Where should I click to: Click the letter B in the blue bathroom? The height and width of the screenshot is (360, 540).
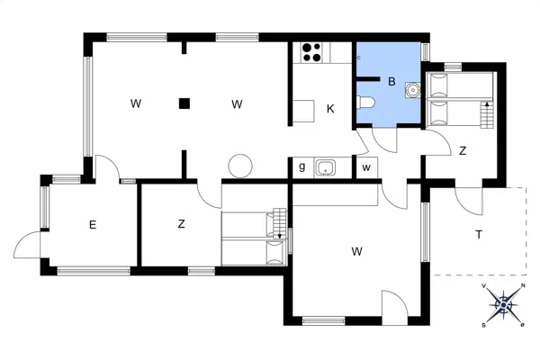coord(391,81)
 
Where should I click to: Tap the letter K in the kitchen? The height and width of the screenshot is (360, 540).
coord(330,109)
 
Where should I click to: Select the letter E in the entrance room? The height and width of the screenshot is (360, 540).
coord(92,225)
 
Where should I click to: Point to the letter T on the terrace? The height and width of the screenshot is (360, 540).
coord(478,236)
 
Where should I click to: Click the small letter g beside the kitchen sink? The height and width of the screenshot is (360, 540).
coord(301,166)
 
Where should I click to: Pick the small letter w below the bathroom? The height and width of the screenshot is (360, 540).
coord(366,166)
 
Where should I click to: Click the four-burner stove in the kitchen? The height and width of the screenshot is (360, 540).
coord(311,53)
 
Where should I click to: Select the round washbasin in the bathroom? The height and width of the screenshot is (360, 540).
coord(413,89)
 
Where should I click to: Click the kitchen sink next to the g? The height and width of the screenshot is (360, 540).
coord(325,166)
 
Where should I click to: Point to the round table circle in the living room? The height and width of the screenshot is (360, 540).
coord(240,166)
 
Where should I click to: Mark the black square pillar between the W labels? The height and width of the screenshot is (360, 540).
coord(184,103)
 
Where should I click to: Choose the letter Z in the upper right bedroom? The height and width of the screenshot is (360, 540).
coord(463,151)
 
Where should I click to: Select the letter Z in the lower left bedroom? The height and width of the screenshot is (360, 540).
coord(181,224)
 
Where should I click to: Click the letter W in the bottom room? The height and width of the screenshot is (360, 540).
coord(357,251)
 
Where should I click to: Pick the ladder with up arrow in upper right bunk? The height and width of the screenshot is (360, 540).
coord(488,115)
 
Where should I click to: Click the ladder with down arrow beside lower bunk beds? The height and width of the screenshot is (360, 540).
coord(279,225)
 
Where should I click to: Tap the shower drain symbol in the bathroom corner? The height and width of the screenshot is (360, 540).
coord(358,57)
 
